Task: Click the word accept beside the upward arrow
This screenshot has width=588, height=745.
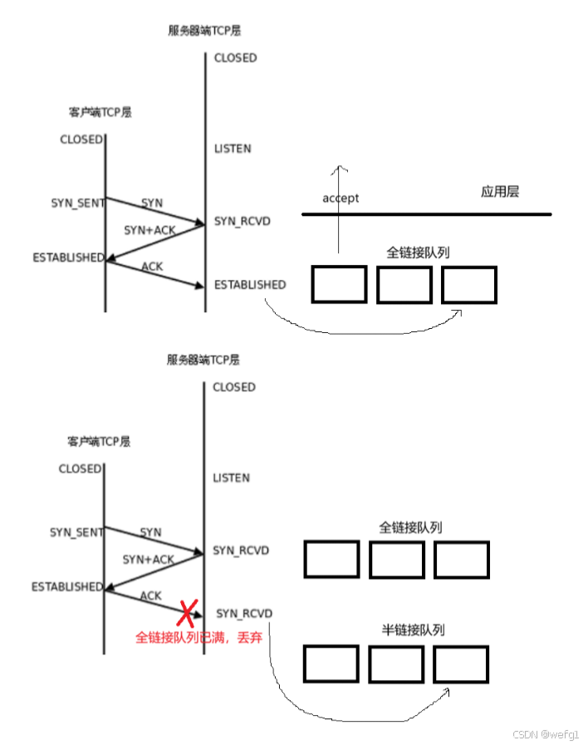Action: click(x=341, y=199)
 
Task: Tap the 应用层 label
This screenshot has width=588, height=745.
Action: click(x=500, y=192)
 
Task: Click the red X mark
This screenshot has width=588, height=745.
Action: click(x=186, y=613)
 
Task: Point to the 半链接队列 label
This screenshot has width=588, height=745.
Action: click(x=410, y=630)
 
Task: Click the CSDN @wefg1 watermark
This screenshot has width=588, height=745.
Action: click(x=546, y=734)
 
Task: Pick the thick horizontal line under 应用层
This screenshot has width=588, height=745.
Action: click(x=426, y=215)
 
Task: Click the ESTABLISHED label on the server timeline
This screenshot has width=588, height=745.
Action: click(x=250, y=285)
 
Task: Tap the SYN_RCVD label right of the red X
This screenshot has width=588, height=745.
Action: click(x=244, y=613)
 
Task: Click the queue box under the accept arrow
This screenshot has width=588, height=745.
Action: click(x=339, y=284)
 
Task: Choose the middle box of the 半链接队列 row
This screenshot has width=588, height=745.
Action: click(x=396, y=664)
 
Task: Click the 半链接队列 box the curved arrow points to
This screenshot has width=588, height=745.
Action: click(x=460, y=664)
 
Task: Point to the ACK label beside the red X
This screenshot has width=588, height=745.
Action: click(x=151, y=596)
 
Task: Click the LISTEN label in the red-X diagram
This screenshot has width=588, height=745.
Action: click(x=232, y=478)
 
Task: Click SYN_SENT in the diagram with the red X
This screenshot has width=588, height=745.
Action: click(x=76, y=532)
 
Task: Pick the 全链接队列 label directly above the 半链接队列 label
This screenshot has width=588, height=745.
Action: click(x=410, y=527)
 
